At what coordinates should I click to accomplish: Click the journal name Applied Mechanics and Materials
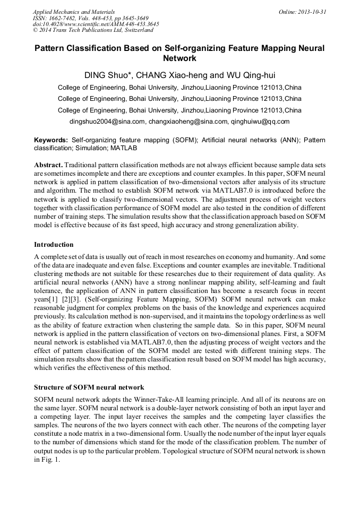tap(73, 11)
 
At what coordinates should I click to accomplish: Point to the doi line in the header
tap(96, 24)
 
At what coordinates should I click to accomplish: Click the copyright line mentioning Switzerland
tap(93, 30)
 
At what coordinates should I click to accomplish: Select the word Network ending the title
tap(179, 58)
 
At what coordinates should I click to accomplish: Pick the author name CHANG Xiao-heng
tap(165, 75)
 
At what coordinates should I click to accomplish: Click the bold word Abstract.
tap(49, 165)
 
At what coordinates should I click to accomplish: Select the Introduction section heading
tap(54, 245)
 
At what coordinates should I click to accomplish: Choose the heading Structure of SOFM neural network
tap(89, 387)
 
